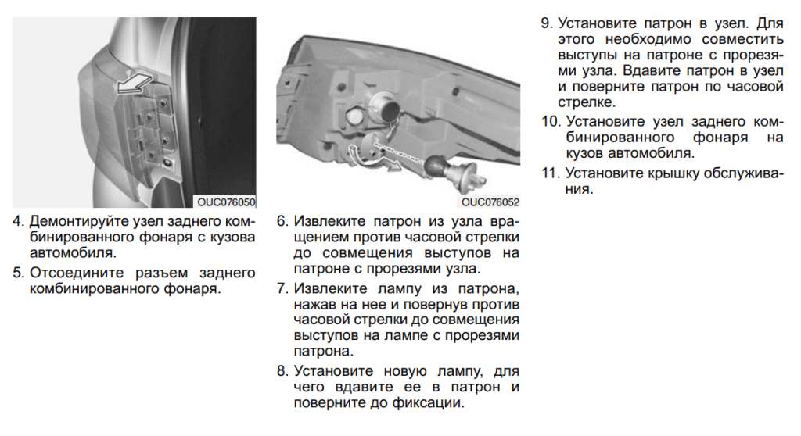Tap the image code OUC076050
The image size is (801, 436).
226,201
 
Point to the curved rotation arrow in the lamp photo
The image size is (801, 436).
362,151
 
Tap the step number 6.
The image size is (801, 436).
282,220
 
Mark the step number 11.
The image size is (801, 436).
550,173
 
